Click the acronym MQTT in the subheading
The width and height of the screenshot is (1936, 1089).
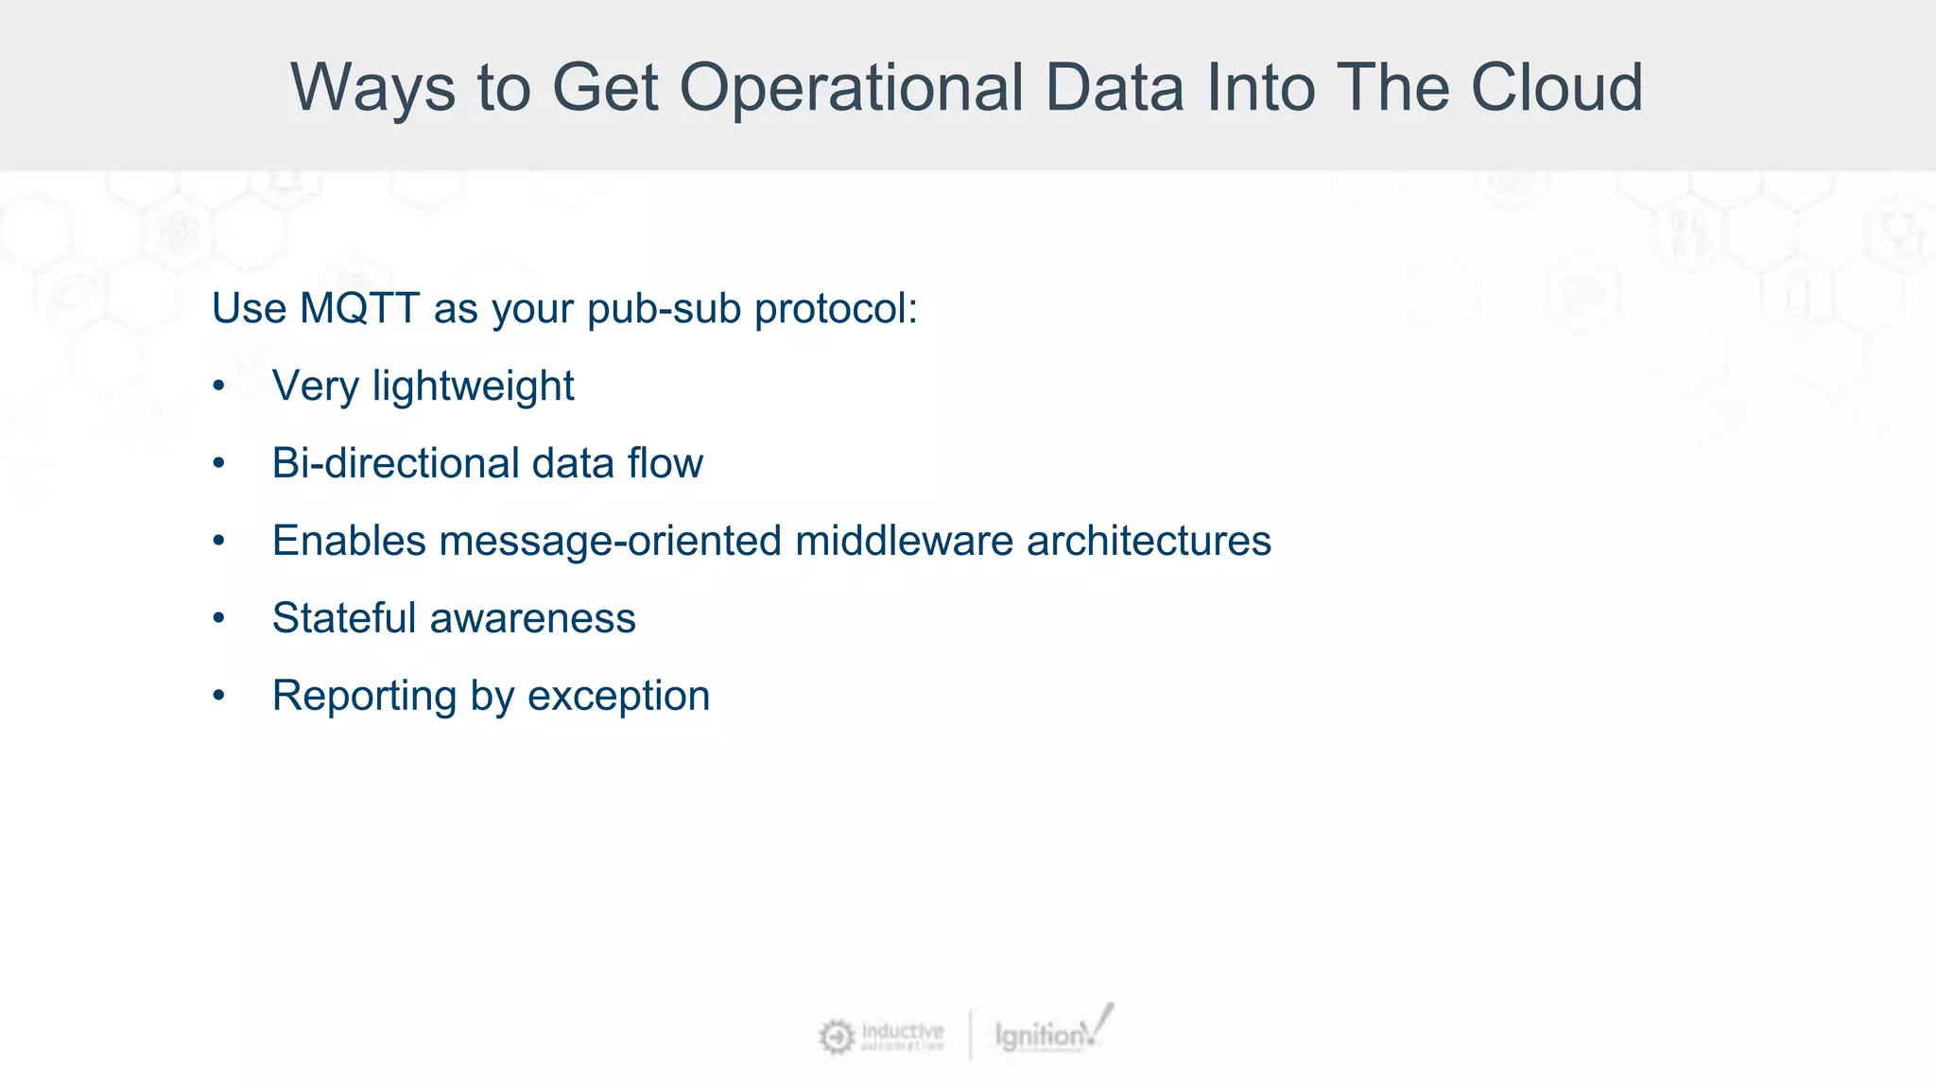[359, 309]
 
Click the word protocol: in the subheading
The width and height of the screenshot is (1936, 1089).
[836, 309]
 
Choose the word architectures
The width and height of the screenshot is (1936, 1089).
[1149, 542]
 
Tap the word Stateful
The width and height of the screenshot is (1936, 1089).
[344, 618]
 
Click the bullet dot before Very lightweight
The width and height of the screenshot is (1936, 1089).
[219, 387]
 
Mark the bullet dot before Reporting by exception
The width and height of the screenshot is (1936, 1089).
[219, 696]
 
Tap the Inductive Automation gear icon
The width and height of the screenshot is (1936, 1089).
[836, 1037]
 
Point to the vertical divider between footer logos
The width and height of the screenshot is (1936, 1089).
[970, 1035]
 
